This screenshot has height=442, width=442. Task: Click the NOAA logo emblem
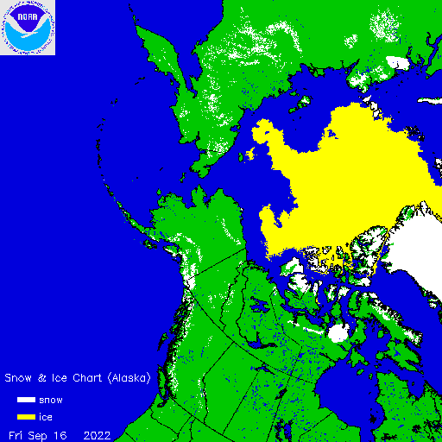(28, 28)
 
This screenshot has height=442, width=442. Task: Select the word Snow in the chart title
(20, 378)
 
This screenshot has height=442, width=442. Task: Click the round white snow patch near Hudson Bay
(338, 333)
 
